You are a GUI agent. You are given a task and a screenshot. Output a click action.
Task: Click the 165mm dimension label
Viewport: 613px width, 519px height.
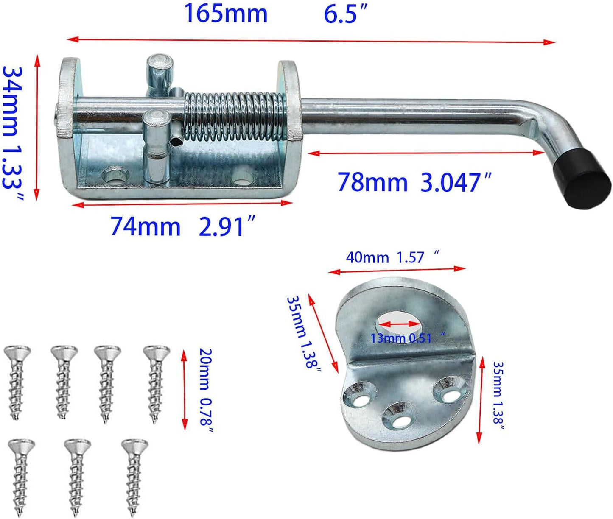click(x=225, y=14)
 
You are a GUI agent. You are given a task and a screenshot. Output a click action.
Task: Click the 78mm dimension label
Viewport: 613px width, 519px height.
click(x=372, y=182)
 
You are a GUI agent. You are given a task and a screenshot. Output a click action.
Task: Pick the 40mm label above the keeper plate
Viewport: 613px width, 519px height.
click(x=367, y=257)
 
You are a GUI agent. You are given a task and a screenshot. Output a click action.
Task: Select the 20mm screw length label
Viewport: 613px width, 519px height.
click(x=205, y=368)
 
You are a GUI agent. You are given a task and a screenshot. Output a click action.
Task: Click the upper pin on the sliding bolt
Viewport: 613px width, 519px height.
click(x=160, y=72)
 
